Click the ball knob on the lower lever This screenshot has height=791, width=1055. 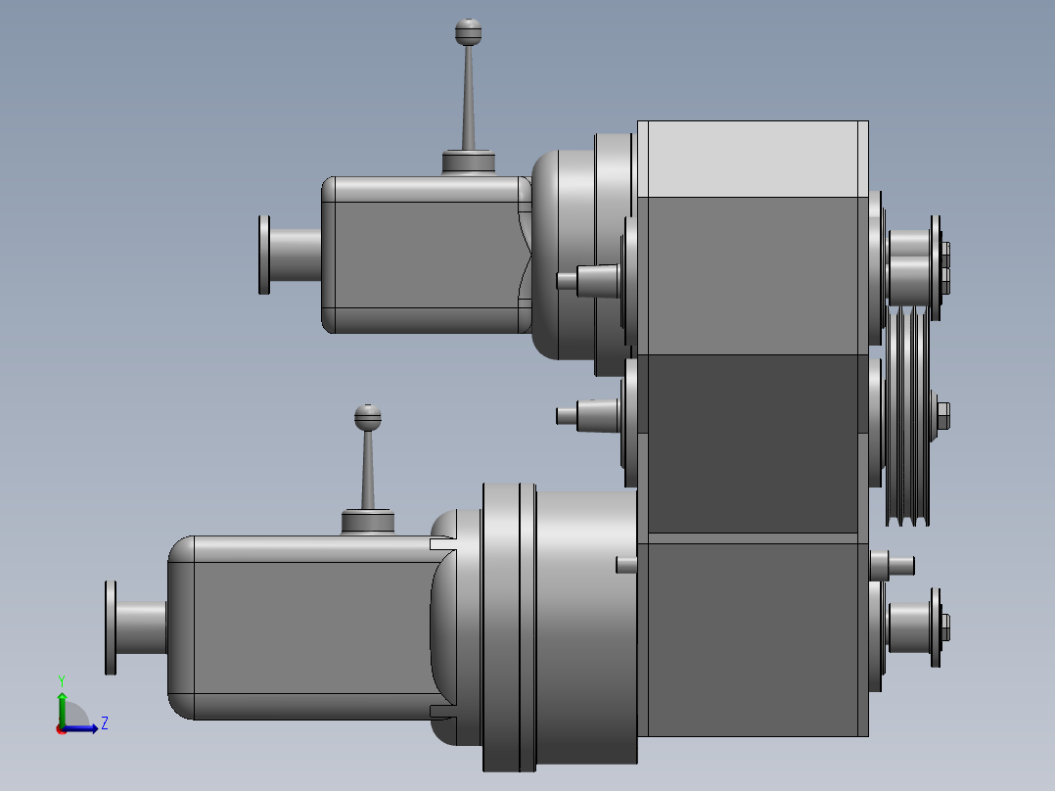tap(367, 417)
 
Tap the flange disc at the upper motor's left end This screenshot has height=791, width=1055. tap(264, 255)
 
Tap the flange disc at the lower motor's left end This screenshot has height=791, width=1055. tap(111, 627)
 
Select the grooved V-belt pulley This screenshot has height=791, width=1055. tap(908, 416)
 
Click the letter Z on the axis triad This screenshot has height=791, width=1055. tap(104, 723)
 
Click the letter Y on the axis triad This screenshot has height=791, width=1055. tap(61, 679)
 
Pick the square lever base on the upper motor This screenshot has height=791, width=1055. tap(468, 163)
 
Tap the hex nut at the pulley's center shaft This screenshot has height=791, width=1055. tap(942, 415)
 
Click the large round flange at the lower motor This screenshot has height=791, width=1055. tap(509, 627)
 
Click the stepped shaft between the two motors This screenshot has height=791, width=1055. tap(587, 414)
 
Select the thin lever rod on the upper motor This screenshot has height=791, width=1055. tap(469, 98)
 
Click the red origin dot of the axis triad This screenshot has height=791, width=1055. tap(62, 728)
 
